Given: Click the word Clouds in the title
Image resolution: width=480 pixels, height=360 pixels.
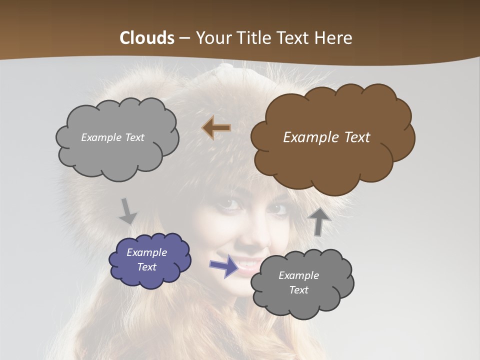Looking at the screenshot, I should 147,38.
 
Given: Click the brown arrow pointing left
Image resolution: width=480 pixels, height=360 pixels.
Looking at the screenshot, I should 216,128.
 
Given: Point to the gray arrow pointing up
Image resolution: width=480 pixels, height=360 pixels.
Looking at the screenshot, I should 318,221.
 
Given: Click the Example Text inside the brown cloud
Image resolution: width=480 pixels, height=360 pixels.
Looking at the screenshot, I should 326,137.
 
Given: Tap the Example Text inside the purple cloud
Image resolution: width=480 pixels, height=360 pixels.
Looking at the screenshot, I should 147,259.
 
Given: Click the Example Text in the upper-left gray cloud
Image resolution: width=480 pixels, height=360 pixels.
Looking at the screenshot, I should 112,137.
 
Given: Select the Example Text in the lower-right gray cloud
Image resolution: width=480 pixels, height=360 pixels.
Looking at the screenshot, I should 298,282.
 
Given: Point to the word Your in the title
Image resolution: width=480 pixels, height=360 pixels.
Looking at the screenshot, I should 211,38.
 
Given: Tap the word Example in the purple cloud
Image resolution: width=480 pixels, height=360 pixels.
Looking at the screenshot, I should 147,252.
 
